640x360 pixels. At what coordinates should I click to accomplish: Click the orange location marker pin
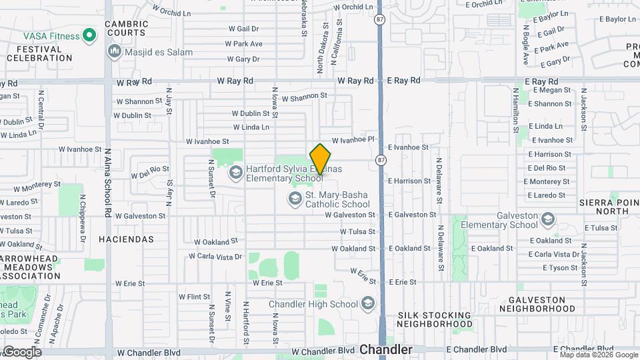[x=321, y=159]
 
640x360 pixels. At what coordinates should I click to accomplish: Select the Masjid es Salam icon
[x=114, y=51]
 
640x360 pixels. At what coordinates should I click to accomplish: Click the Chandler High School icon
[x=367, y=304]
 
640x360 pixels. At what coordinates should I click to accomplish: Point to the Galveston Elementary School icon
[x=547, y=219]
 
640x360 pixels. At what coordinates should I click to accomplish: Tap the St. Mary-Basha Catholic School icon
[x=295, y=199]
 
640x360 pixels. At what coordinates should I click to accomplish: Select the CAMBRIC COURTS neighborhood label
[x=127, y=28]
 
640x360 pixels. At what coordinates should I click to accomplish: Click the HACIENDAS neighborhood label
[x=126, y=239]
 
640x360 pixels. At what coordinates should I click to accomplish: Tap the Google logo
[x=21, y=351]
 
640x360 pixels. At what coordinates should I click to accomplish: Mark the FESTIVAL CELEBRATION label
[x=39, y=53]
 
